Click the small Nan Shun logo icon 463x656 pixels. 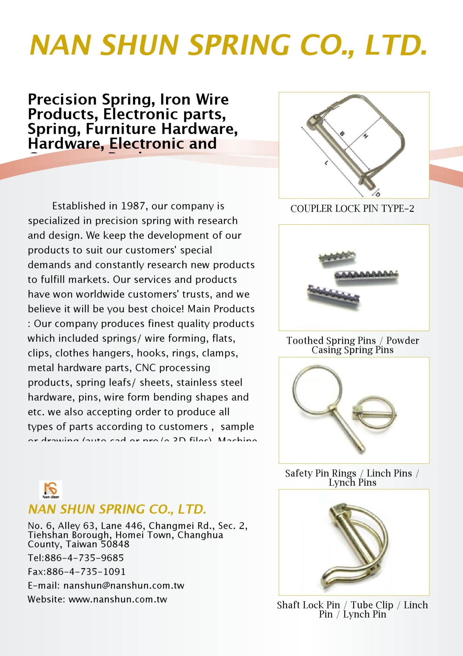(51, 490)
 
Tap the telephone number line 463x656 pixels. (76, 558)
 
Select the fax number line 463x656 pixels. (77, 572)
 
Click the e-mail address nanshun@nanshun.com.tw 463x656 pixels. (124, 586)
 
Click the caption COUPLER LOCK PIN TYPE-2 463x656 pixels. (352, 208)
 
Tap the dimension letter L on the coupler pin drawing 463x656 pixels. (326, 163)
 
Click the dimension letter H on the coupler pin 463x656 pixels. (366, 136)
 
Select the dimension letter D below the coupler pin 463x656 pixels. (377, 194)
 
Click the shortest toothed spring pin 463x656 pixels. (337, 258)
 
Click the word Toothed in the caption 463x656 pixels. (304, 341)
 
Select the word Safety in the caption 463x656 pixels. (298, 473)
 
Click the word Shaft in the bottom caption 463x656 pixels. (289, 605)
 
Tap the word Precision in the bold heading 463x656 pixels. (62, 100)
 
